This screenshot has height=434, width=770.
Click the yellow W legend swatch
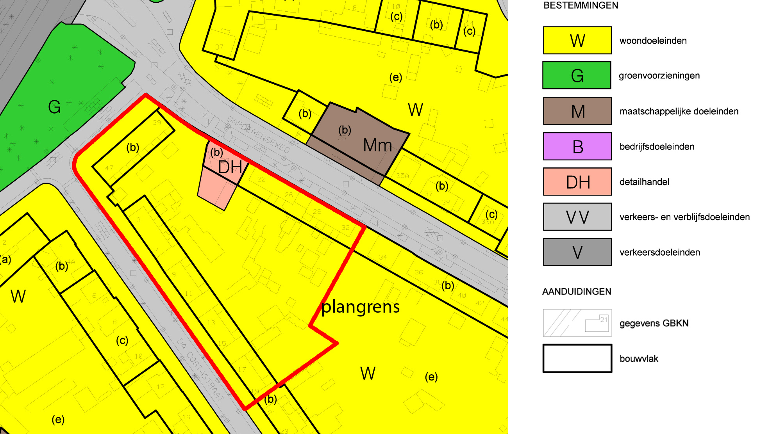(x=577, y=40)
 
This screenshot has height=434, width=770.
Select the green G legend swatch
(x=577, y=75)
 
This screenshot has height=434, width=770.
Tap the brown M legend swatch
(x=577, y=111)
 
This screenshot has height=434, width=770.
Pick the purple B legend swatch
(x=577, y=146)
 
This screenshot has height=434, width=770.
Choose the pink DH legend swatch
(x=577, y=182)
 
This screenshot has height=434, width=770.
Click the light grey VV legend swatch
(x=577, y=217)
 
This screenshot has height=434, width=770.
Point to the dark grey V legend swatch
(x=577, y=252)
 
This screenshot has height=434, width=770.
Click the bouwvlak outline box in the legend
(x=577, y=358)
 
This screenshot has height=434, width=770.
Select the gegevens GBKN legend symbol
(x=577, y=323)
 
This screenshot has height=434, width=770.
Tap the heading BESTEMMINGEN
(x=581, y=5)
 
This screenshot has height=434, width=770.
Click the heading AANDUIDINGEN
(x=577, y=292)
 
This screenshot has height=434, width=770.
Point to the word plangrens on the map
(x=360, y=307)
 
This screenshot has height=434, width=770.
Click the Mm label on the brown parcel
(x=377, y=146)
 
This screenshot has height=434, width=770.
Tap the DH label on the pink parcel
(x=230, y=167)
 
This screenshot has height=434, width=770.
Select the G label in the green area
(x=54, y=107)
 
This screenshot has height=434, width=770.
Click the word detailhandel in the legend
(x=644, y=182)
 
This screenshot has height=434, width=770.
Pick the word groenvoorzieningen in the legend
(x=659, y=75)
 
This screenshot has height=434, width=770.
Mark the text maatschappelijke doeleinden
(x=679, y=111)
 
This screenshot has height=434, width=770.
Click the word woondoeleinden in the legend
(x=653, y=41)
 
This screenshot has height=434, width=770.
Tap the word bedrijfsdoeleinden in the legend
(x=657, y=147)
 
